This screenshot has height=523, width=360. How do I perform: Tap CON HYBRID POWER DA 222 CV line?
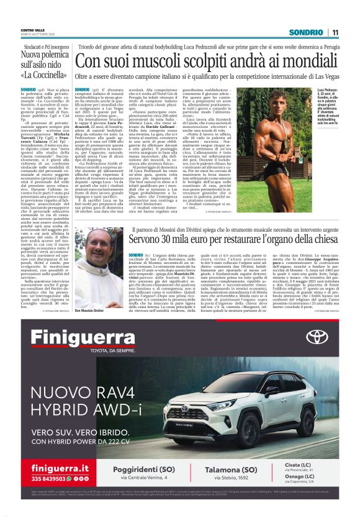point(79,442)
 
